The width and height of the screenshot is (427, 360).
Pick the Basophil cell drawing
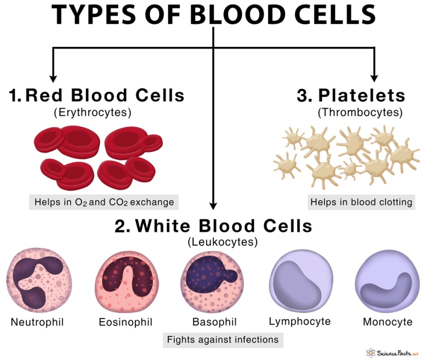coord(212,282)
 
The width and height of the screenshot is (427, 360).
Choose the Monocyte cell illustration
coord(387,282)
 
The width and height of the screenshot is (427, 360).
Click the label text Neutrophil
coord(37,322)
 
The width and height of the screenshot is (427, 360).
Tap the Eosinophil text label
coord(125,322)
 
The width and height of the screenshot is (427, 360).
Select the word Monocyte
coord(388,322)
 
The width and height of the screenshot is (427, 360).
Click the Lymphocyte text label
coord(300,322)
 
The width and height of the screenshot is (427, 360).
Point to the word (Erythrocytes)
coord(92,112)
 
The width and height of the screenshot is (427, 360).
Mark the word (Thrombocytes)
coord(360,112)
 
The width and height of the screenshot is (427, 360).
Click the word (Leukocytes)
coord(222,242)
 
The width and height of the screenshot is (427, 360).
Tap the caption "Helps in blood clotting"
coord(362,202)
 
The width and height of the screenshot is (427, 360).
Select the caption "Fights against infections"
coord(223,340)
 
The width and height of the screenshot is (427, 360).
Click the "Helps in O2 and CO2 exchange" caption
coord(104,202)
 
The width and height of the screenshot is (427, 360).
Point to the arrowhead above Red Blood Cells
coord(53,78)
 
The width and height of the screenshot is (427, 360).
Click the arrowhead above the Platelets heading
coord(375,78)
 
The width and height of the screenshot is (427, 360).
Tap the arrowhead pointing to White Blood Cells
coord(214,206)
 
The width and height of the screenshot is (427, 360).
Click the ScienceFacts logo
coord(392,353)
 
